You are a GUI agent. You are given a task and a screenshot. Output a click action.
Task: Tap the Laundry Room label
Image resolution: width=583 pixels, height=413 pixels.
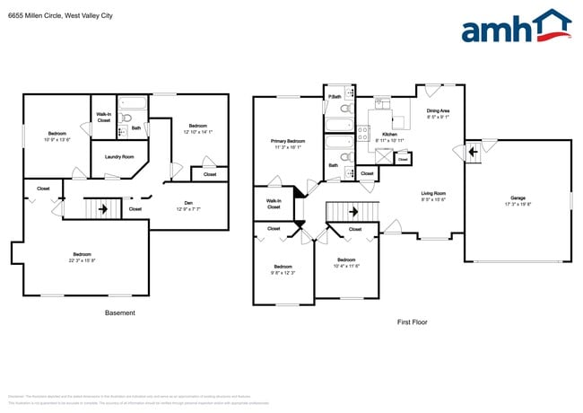(x=119, y=156)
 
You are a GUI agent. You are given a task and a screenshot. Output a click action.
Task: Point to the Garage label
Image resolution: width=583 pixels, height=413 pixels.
(x=518, y=198)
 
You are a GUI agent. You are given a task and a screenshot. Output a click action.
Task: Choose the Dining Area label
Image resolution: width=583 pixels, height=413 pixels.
(x=438, y=110)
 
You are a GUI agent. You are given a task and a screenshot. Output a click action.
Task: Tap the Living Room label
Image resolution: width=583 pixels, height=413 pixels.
(x=434, y=193)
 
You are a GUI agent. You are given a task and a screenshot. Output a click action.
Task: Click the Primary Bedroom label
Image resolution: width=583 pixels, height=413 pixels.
(x=288, y=141)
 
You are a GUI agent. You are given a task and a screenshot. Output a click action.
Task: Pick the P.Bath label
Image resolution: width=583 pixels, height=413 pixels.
(x=335, y=96)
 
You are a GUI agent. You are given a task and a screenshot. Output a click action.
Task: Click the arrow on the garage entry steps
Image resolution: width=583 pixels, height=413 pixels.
(x=472, y=153)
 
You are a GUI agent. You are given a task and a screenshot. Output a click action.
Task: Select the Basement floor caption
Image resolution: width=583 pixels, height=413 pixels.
(x=120, y=313)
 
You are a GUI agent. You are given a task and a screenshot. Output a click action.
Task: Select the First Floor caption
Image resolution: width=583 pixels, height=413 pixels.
(x=414, y=321)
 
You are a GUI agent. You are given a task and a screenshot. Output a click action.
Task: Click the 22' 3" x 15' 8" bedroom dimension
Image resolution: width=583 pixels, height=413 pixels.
(x=83, y=260)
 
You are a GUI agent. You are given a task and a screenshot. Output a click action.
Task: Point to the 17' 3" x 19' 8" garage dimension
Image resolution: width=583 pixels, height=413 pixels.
(x=518, y=204)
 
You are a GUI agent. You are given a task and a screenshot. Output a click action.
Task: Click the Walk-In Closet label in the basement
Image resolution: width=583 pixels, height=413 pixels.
(x=103, y=117)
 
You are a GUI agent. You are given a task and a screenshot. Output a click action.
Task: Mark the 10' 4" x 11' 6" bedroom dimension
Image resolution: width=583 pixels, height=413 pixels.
(x=345, y=265)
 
